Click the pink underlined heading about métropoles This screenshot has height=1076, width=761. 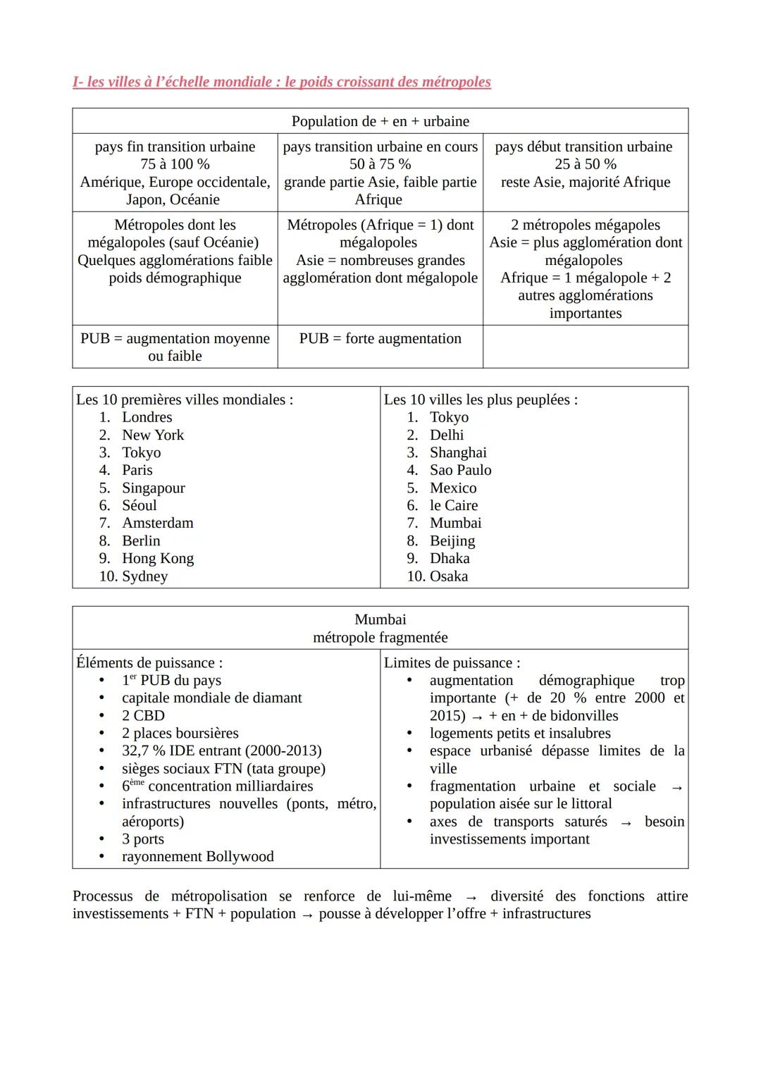(281, 82)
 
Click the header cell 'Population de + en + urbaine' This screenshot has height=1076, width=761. (380, 121)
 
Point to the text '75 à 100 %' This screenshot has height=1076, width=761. (175, 164)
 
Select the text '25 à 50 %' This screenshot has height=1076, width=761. (585, 164)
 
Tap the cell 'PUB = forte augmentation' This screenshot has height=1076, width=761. (380, 338)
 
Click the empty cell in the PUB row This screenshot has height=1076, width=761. (585, 346)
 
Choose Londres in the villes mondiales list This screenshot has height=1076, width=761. (147, 417)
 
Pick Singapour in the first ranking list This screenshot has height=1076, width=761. (153, 488)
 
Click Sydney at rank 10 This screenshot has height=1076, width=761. (144, 576)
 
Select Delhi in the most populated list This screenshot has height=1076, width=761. (447, 435)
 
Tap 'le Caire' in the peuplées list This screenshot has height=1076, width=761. (453, 505)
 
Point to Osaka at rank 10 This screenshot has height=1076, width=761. (448, 576)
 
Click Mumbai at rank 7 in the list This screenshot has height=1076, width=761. (455, 523)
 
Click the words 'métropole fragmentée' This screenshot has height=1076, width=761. (380, 637)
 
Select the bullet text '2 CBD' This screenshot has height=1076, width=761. (143, 715)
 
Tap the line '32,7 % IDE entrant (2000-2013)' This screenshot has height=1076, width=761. (221, 750)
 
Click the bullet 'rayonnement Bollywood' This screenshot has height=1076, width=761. (197, 856)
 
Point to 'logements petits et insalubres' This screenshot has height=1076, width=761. (520, 733)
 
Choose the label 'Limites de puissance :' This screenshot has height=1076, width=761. (452, 662)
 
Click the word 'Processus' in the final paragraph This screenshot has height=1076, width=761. (102, 896)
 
